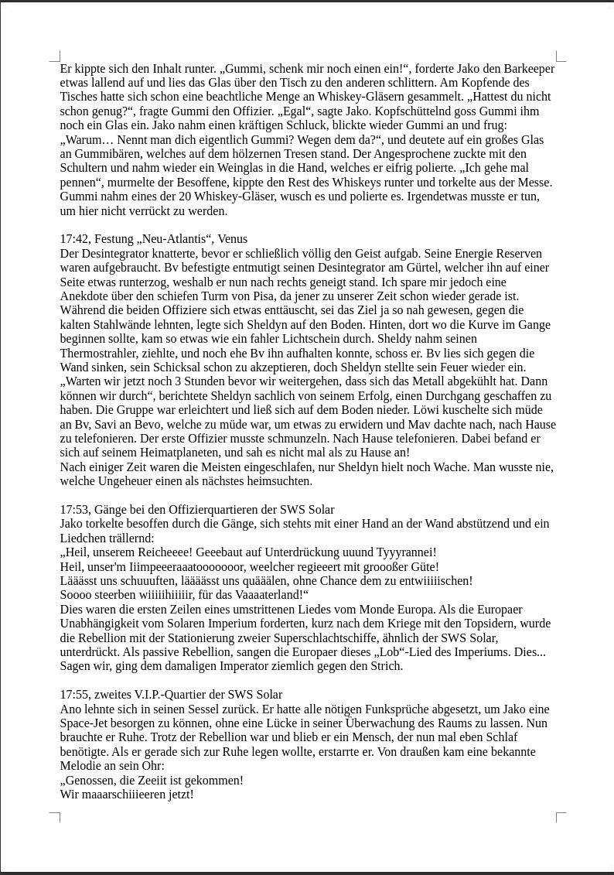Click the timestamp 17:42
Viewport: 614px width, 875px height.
[x=75, y=239]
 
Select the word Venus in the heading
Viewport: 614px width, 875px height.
[x=233, y=239]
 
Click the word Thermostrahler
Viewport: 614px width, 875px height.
[x=98, y=353]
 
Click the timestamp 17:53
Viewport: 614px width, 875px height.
[x=75, y=510]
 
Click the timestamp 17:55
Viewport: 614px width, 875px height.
[x=75, y=695]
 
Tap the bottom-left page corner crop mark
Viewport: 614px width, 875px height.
[x=56, y=816]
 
